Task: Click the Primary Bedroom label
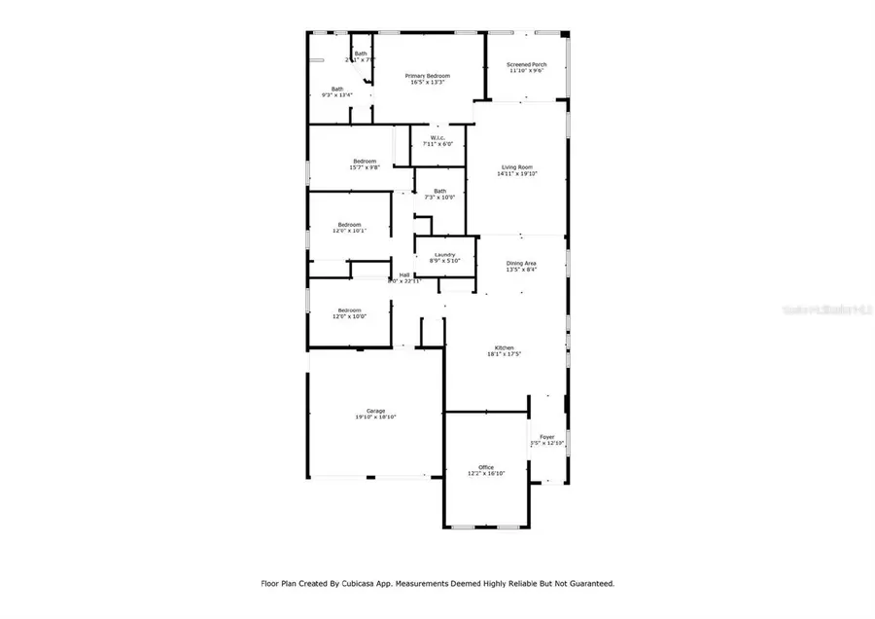tap(428, 75)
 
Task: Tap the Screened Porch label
tap(525, 64)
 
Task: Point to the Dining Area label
tap(521, 263)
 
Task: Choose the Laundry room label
tap(444, 255)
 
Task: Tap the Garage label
tap(375, 410)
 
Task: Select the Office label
tap(486, 467)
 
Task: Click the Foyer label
tap(546, 437)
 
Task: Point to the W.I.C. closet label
tap(437, 137)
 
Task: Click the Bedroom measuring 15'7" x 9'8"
tap(364, 161)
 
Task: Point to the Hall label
tap(404, 274)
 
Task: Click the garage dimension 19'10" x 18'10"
tap(375, 417)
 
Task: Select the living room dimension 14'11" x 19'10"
tap(516, 174)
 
